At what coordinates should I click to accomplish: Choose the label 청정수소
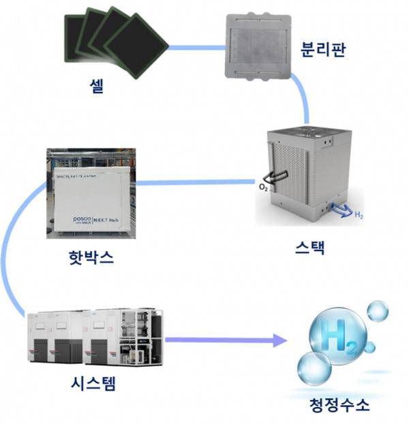(339, 406)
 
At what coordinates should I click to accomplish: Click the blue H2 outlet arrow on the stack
(338, 208)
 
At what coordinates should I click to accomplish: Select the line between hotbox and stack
(194, 182)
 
